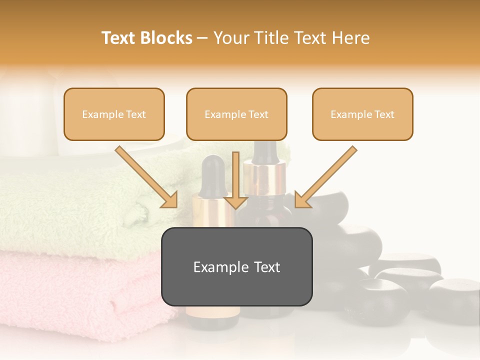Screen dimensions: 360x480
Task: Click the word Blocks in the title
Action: [166, 38]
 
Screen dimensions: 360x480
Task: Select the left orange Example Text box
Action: [114, 114]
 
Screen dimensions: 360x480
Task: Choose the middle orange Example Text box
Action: [236, 114]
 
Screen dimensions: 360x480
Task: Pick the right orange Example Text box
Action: [362, 114]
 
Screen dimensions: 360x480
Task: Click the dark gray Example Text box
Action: [236, 266]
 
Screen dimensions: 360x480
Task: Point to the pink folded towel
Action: [75, 290]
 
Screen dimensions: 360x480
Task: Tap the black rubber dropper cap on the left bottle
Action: [213, 172]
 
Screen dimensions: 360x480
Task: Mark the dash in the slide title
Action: [202, 38]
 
